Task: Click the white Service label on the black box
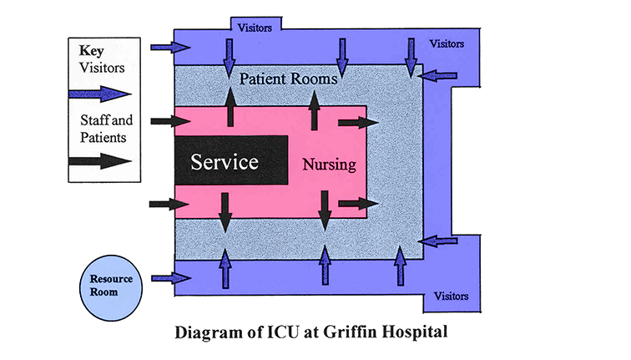[225, 161]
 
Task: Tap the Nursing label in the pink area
[329, 164]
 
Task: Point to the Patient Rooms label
[288, 79]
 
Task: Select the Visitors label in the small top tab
[255, 26]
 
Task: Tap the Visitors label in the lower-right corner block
[451, 296]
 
